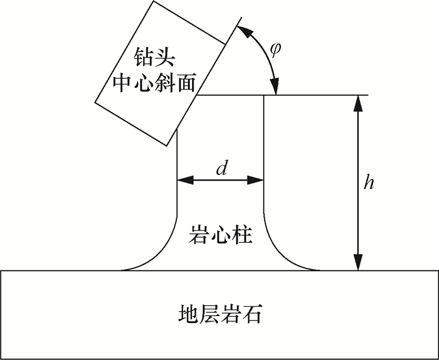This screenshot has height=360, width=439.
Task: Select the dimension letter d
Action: coord(220,168)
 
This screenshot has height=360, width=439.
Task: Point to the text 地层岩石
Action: coord(219,314)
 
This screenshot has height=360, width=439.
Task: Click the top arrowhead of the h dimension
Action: coord(358,101)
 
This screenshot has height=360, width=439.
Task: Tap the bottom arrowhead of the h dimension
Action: coord(358,264)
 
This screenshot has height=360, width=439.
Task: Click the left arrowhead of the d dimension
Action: coord(182,181)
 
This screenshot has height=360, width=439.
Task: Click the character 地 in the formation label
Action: coord(186,314)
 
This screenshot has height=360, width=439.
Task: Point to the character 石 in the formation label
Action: coord(253,314)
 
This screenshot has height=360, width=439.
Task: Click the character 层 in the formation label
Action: coord(208,314)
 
